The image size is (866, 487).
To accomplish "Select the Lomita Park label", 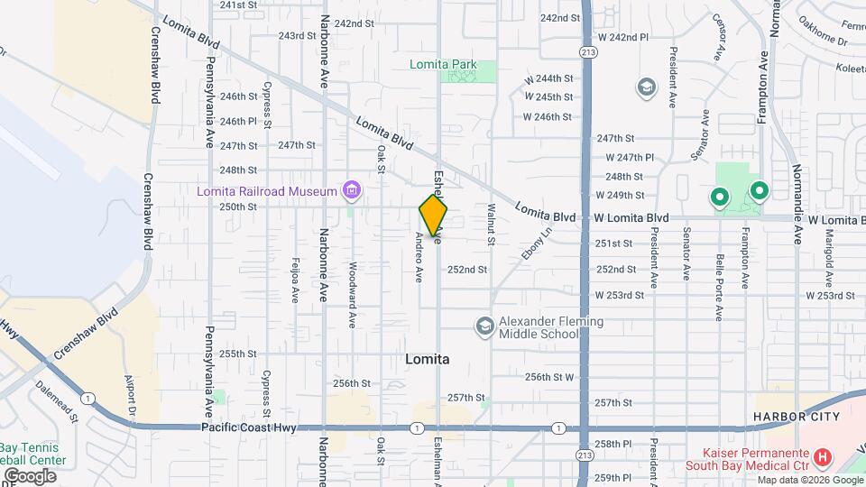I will (442, 65).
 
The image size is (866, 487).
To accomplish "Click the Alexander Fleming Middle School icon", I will (484, 326).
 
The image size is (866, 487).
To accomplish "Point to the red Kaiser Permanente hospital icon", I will (822, 458).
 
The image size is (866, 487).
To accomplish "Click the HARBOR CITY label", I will (797, 417).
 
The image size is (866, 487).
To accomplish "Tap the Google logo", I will (30, 476).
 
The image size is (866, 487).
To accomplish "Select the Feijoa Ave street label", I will (294, 282).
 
